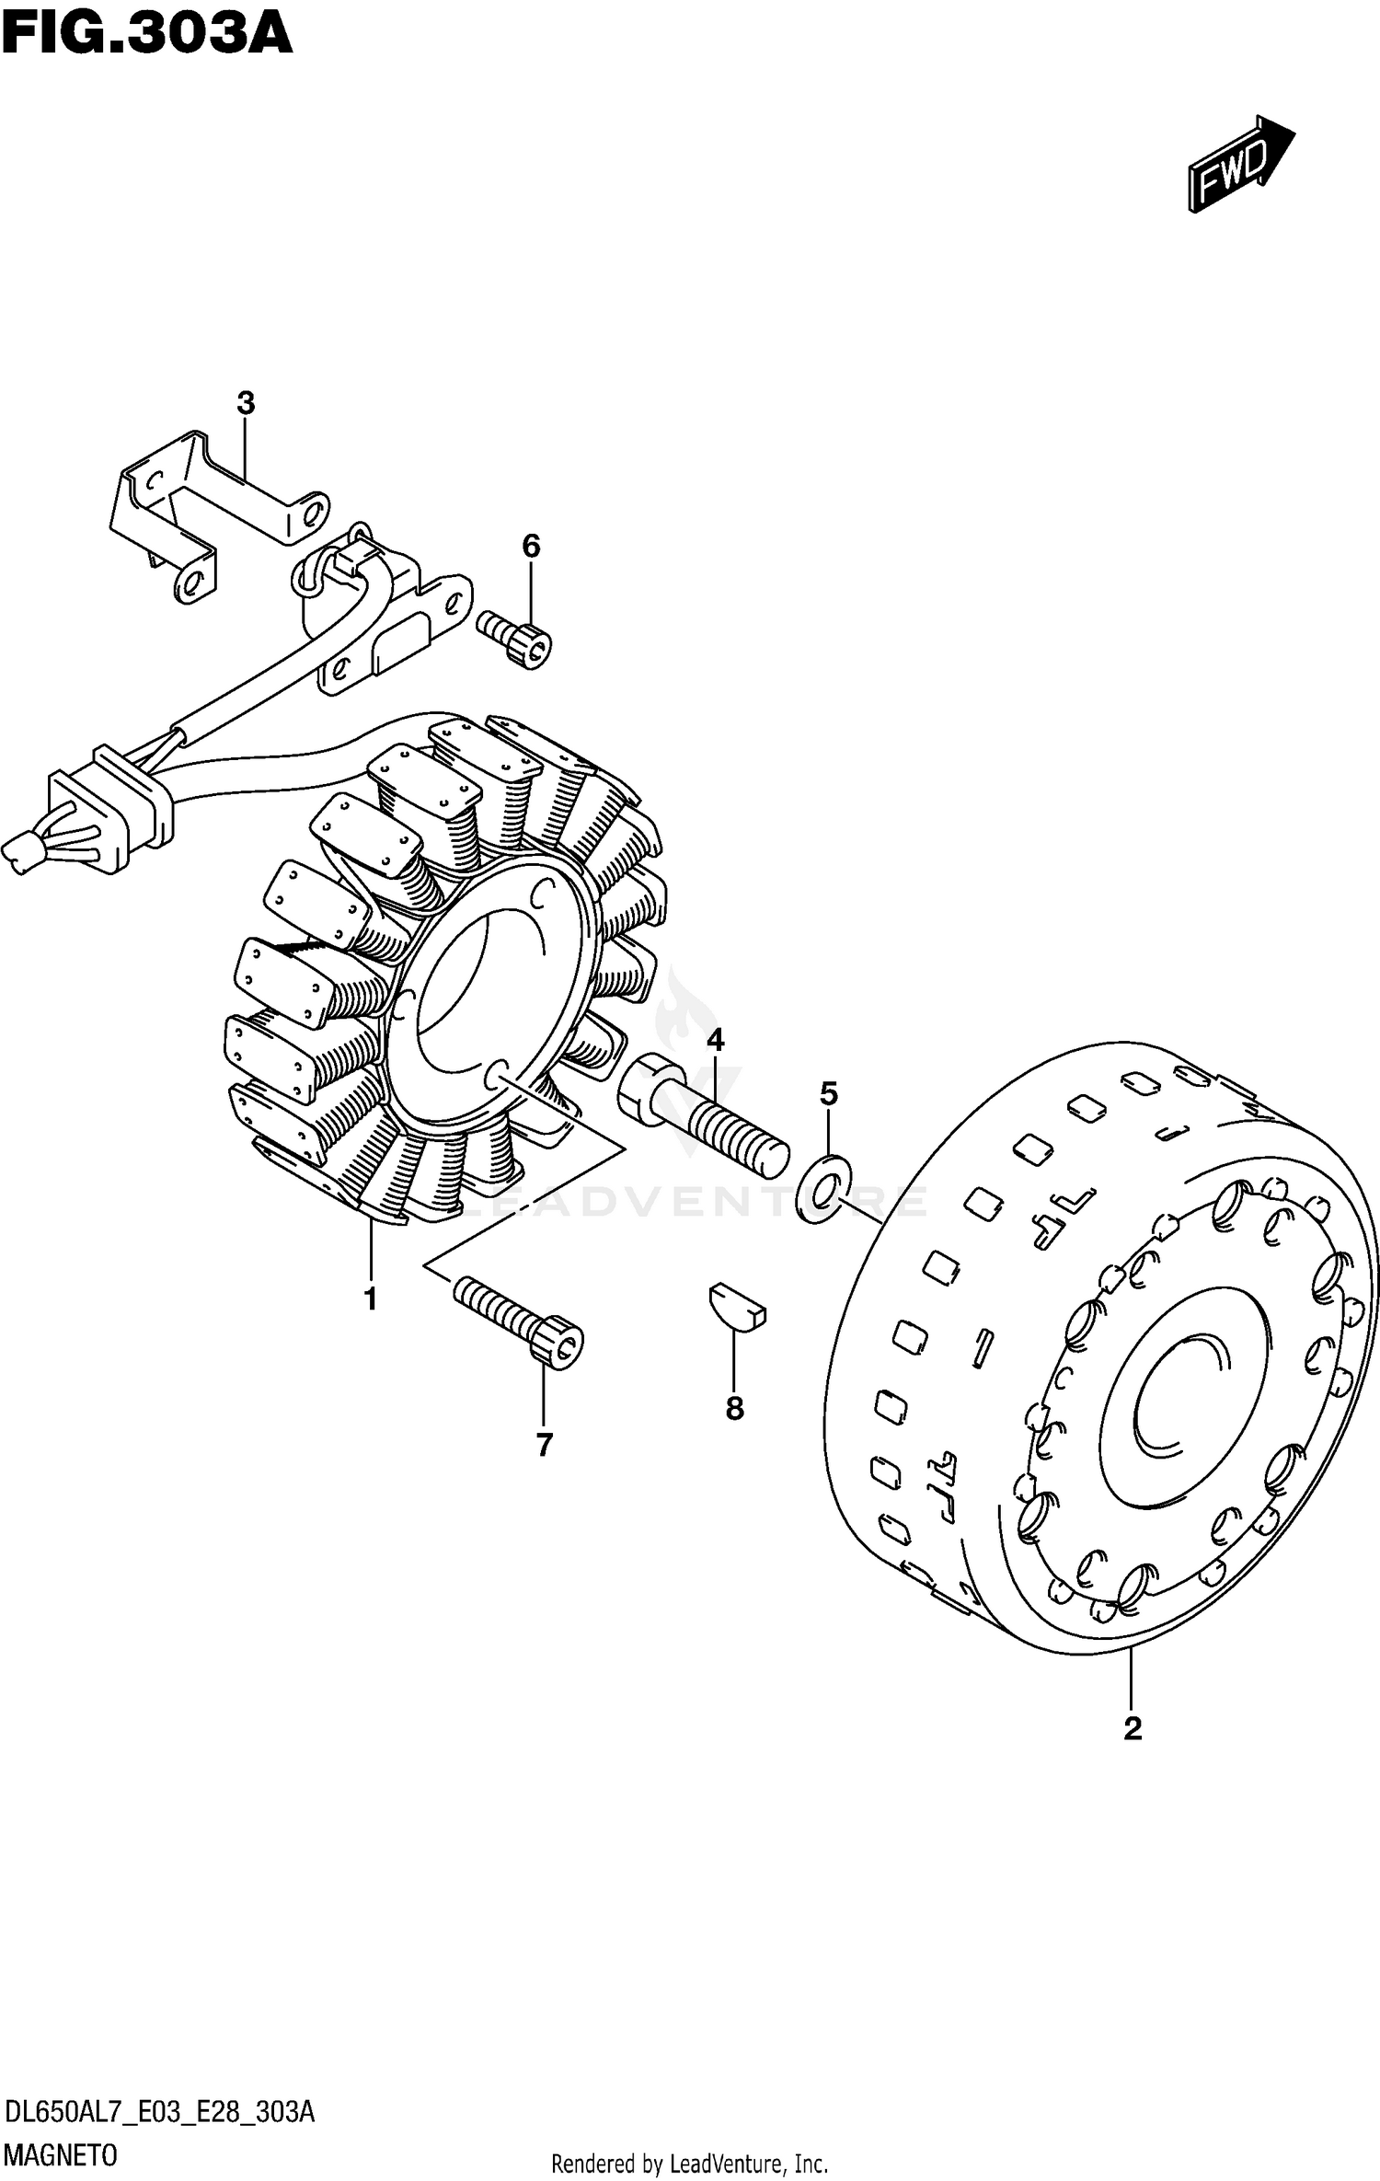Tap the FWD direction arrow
coord(1240,164)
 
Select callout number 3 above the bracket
coord(245,403)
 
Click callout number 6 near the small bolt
coord(531,547)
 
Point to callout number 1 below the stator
coord(370,1299)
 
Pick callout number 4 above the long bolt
coord(715,1041)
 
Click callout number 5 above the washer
coord(828,1094)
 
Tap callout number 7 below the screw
coord(544,1446)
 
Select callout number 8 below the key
coord(734,1408)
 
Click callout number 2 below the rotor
coord(1132,1728)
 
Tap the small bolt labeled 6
coord(515,637)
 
